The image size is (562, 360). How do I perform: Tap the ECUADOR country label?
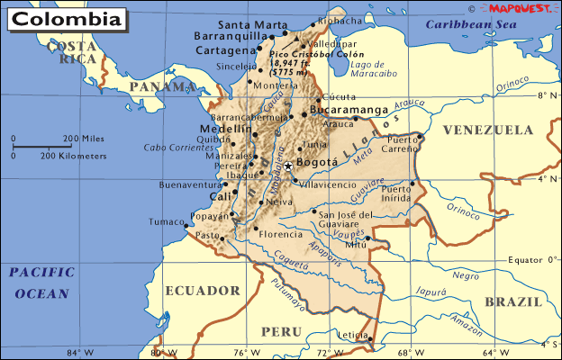[x=203, y=291]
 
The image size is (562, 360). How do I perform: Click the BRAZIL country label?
[x=512, y=301]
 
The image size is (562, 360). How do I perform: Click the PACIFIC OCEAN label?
[x=40, y=283]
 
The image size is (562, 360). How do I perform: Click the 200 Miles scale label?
[x=84, y=138]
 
